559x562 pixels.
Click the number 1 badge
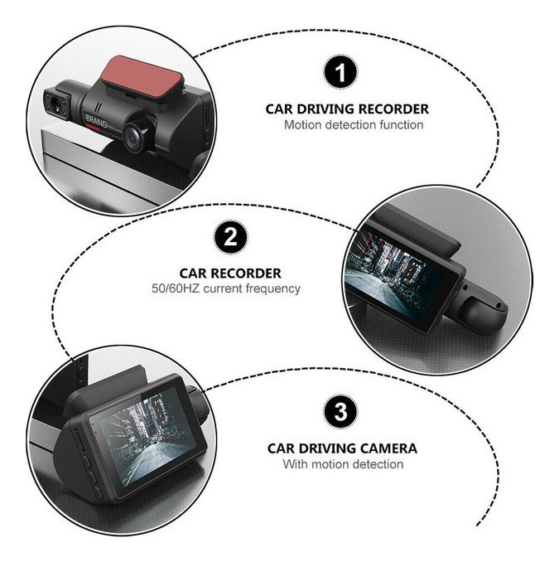[340, 72]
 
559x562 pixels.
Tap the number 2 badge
[230, 237]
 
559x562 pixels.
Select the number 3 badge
[340, 411]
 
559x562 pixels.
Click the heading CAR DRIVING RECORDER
[347, 109]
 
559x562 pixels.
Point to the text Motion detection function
[354, 124]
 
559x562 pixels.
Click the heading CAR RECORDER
[230, 273]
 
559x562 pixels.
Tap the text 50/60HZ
[176, 288]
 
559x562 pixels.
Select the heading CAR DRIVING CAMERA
[342, 448]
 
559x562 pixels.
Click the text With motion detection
[343, 464]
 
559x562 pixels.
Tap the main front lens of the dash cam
[135, 137]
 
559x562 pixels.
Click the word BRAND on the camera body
[96, 122]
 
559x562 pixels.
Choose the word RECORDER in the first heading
[393, 109]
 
